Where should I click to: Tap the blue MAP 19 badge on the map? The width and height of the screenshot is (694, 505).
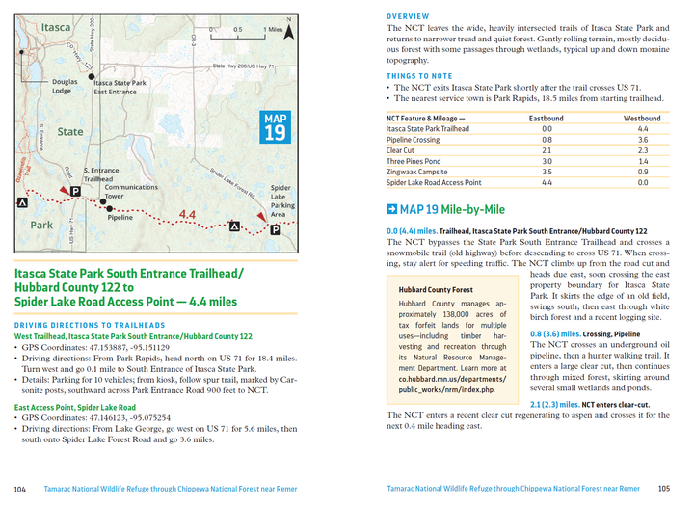click(274, 127)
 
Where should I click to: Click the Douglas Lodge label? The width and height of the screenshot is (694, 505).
click(66, 87)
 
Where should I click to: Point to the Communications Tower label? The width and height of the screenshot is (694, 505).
click(131, 192)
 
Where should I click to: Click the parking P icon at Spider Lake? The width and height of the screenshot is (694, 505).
click(276, 229)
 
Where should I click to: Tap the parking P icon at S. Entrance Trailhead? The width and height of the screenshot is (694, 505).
click(76, 191)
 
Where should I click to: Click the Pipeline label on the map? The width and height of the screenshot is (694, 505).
click(120, 218)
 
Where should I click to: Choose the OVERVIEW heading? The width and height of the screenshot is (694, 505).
click(408, 17)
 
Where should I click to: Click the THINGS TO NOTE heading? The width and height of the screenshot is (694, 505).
click(419, 75)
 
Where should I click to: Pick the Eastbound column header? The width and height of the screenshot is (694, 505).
click(547, 119)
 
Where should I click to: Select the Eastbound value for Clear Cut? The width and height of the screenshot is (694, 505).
click(547, 150)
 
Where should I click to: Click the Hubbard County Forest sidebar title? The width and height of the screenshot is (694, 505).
click(436, 289)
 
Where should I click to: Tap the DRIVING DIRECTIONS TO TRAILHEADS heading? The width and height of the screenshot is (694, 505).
click(89, 326)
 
